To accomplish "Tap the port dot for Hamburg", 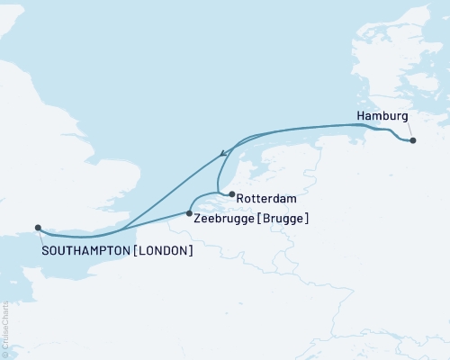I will (x=412, y=140).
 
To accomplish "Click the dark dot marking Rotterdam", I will (x=232, y=193).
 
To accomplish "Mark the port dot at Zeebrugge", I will (x=189, y=213).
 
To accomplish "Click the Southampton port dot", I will (x=38, y=228).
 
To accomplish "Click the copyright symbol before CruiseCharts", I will (x=4, y=354).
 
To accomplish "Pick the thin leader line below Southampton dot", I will (x=41, y=237).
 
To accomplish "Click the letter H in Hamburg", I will (x=361, y=117).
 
